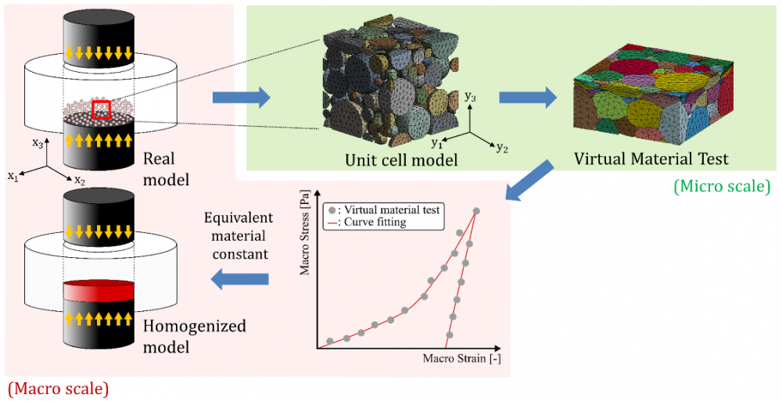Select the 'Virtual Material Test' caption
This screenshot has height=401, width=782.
click(651, 159)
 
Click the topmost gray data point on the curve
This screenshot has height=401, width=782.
click(475, 210)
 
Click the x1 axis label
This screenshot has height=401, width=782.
click(13, 177)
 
